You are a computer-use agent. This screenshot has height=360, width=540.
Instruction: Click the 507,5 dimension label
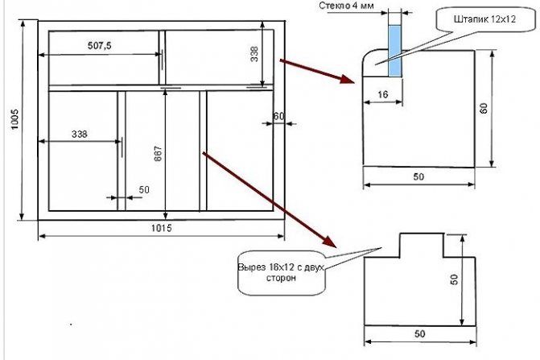click(100, 45)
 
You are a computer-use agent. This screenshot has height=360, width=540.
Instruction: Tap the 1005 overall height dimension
click(14, 119)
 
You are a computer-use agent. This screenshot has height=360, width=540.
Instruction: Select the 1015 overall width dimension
click(162, 228)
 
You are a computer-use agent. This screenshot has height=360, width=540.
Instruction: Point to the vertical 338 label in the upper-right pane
click(254, 54)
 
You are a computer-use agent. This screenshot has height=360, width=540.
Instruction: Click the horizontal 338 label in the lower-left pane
click(80, 134)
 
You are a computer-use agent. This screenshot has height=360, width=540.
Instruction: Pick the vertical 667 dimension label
click(158, 154)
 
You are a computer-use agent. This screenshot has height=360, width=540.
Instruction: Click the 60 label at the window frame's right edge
click(278, 116)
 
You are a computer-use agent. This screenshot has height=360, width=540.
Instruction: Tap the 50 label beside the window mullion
click(144, 190)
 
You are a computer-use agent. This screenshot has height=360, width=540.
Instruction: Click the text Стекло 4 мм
click(346, 6)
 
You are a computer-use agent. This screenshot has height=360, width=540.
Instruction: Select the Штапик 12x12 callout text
click(484, 19)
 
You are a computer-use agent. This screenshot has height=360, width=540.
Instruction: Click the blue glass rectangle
click(395, 51)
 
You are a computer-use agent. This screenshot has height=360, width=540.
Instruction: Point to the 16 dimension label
click(382, 94)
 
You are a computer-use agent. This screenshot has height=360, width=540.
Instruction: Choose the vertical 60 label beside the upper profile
click(484, 108)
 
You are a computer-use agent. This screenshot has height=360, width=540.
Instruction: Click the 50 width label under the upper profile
click(418, 176)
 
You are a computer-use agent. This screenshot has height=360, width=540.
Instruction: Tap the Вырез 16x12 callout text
click(281, 272)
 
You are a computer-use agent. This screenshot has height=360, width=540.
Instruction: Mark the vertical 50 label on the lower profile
click(454, 279)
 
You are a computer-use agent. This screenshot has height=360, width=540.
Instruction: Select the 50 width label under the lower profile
click(420, 333)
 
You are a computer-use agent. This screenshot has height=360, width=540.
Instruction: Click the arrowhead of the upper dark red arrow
click(347, 79)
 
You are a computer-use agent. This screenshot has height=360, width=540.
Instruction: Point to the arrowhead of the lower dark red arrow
click(329, 242)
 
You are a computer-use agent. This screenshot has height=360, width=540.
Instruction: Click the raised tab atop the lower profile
click(422, 246)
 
